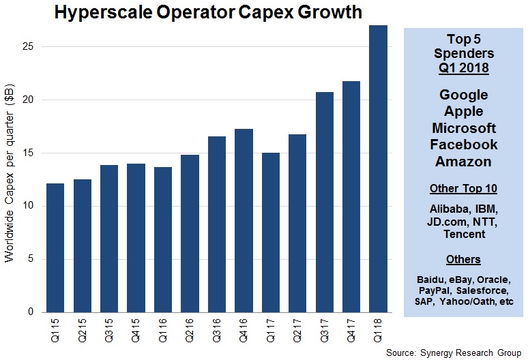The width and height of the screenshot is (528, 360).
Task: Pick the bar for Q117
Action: [x=271, y=232]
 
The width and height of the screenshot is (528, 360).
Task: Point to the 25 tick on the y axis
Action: [x=27, y=46]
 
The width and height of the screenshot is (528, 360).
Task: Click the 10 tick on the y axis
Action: [x=27, y=206]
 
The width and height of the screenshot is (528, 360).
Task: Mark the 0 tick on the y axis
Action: [x=29, y=312]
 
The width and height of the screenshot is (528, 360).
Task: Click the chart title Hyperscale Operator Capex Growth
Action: [x=208, y=12]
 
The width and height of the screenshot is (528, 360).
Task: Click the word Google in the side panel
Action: [x=464, y=95]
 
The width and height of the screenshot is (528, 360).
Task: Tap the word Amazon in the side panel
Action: [x=464, y=161]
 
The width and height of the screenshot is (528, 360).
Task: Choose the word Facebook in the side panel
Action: [x=464, y=145]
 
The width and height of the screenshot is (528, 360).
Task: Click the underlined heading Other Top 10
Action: [x=464, y=188]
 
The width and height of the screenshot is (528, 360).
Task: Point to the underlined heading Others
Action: [x=464, y=259]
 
